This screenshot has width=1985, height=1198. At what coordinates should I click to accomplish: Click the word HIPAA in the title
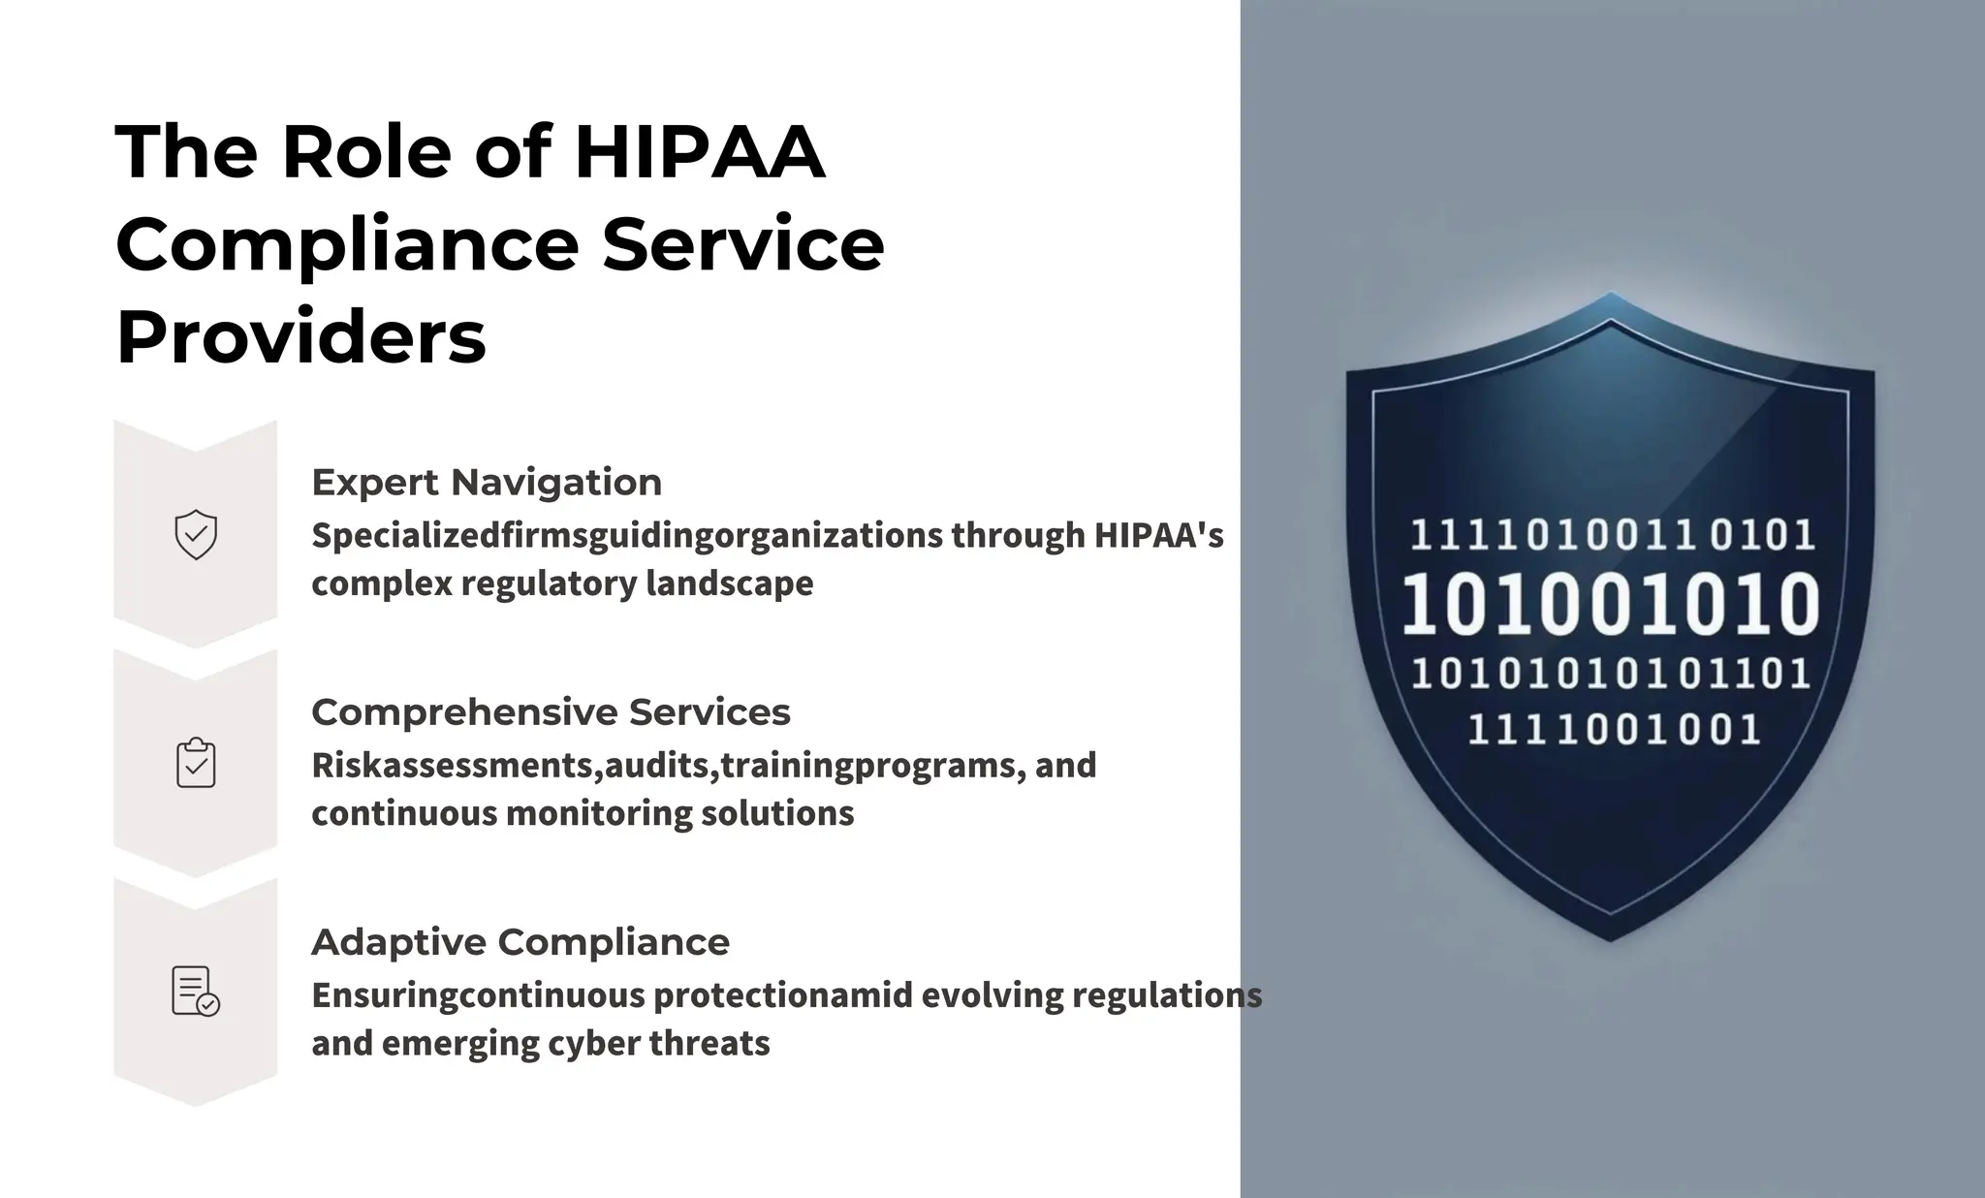click(x=699, y=152)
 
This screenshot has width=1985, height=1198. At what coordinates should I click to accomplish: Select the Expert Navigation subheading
click(x=487, y=482)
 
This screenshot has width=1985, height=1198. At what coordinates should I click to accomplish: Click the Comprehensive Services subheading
click(x=551, y=711)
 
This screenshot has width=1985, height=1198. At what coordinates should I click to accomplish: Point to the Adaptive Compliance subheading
click(x=520, y=941)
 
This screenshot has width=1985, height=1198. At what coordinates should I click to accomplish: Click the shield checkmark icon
click(x=196, y=534)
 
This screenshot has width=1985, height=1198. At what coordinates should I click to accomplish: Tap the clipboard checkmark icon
click(x=196, y=763)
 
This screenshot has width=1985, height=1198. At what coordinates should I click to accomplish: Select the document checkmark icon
click(x=196, y=992)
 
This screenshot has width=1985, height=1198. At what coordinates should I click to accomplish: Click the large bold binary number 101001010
click(x=1611, y=605)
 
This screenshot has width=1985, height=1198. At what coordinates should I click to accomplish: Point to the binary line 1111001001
click(x=1614, y=729)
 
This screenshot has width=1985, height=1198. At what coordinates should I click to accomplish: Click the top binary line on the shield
click(x=1611, y=535)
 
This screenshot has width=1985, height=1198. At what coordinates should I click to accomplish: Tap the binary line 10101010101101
click(x=1611, y=674)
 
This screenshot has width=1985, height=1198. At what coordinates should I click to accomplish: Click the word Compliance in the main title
click(x=347, y=244)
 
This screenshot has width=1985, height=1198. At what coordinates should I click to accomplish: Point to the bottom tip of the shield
click(x=1611, y=938)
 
